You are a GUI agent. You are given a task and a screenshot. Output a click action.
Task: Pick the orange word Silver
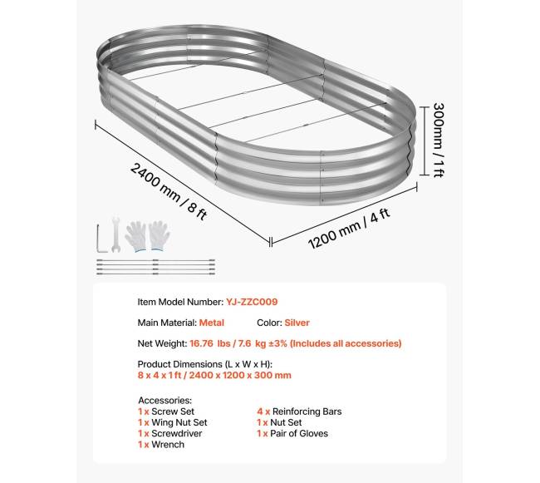point(297,323)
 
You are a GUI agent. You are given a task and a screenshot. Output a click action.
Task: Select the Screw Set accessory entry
point(166,412)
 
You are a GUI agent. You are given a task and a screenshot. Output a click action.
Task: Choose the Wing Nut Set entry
point(172,422)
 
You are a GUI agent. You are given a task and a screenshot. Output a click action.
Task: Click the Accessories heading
point(165,400)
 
